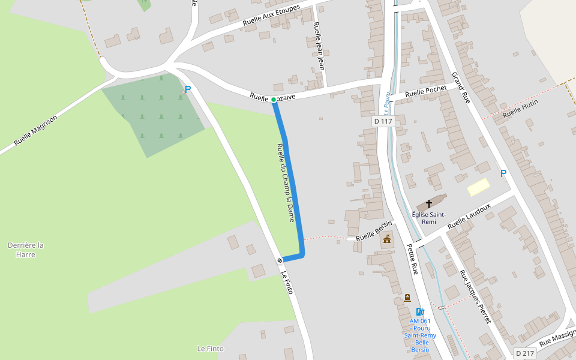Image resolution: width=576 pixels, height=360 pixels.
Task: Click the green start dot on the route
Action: [274, 100]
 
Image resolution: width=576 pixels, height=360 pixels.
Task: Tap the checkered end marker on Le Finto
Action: [280, 260]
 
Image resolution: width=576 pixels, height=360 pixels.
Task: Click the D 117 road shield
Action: [382, 121]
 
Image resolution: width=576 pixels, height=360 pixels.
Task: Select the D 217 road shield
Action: [525, 353]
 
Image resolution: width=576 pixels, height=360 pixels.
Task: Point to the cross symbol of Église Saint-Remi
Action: [429, 204]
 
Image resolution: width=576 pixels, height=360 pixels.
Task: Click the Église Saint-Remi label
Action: [428, 218]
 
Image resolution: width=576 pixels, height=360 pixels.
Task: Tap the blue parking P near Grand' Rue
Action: [503, 173]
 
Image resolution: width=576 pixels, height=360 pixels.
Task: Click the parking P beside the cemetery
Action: [187, 89]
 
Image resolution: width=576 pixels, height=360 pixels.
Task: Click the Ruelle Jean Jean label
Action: [319, 46]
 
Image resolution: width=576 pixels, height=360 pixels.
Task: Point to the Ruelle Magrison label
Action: [36, 131]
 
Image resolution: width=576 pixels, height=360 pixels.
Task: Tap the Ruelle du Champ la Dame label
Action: [286, 183]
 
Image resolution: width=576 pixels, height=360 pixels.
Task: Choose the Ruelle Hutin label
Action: [520, 109]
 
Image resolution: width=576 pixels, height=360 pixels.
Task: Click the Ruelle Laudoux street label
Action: [469, 215]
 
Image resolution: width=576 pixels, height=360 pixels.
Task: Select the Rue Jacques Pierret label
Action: [475, 296]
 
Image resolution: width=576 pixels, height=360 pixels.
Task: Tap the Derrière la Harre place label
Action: [26, 250]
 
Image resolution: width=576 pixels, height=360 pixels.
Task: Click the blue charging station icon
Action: [420, 311]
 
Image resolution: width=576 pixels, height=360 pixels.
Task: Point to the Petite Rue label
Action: [412, 259]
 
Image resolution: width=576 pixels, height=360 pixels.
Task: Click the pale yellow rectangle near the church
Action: [478, 187]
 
